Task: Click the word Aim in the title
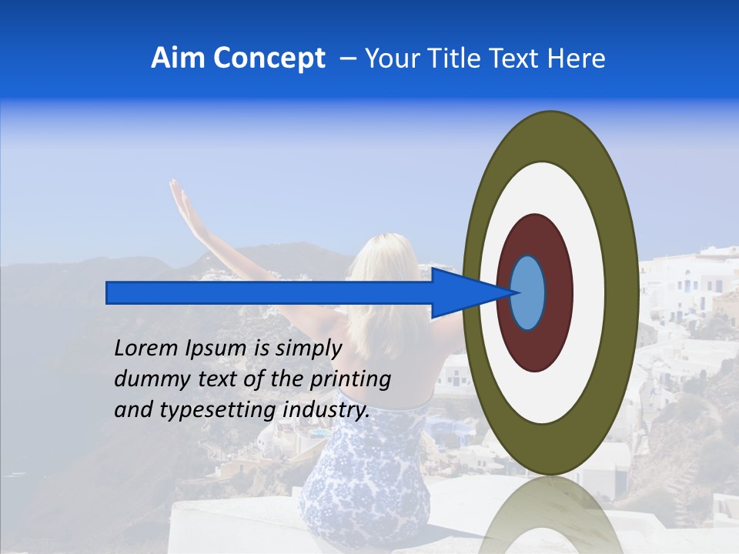coord(178,58)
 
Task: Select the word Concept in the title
coord(269,59)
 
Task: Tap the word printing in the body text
coord(350,379)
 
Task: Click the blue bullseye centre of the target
coord(528,293)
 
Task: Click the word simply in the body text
coord(308,349)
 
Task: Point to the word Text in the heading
coord(517,58)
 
